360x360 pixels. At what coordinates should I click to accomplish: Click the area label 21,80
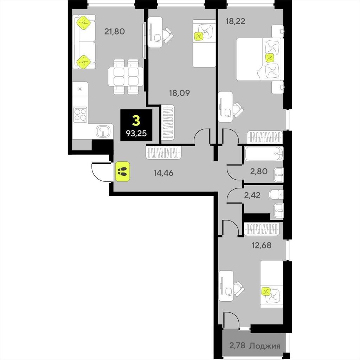click(x=115, y=31)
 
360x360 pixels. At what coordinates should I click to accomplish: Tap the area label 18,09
click(x=180, y=93)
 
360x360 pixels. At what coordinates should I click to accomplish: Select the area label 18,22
click(x=235, y=21)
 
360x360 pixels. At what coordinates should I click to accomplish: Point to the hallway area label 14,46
click(x=163, y=173)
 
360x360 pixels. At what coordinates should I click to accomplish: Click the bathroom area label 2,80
click(x=259, y=171)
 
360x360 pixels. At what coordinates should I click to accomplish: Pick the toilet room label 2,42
click(x=252, y=195)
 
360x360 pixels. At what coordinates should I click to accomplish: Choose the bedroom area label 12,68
click(x=262, y=245)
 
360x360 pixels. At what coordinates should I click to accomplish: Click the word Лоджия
click(x=265, y=346)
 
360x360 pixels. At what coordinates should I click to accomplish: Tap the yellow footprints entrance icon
click(x=123, y=171)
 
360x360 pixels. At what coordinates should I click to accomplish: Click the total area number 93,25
click(x=136, y=133)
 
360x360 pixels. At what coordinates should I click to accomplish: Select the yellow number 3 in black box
click(x=136, y=121)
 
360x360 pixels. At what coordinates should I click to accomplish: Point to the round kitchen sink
click(x=103, y=131)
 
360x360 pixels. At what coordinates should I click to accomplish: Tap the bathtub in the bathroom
click(x=264, y=154)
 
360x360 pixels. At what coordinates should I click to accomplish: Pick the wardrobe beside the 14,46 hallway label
click(x=163, y=153)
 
